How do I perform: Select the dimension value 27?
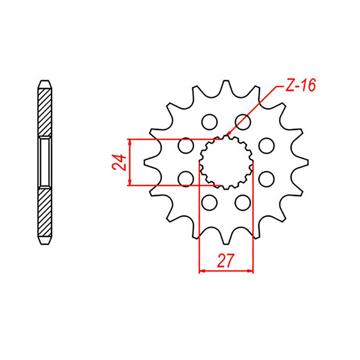(226, 261)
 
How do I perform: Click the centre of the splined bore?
(226, 162)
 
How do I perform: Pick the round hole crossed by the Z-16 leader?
(243, 121)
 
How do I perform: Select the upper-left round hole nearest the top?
(209, 121)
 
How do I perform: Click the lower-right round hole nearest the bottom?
(243, 203)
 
